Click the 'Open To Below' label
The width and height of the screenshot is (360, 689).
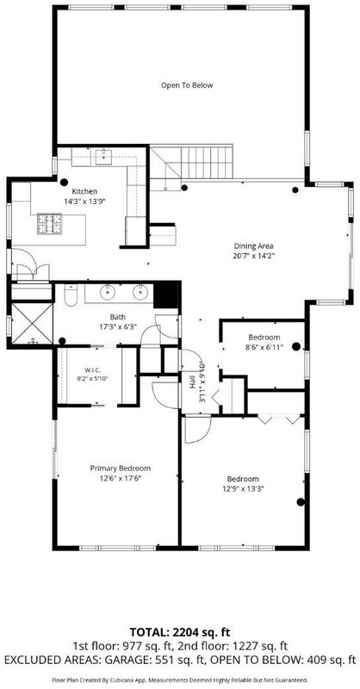point(187,85)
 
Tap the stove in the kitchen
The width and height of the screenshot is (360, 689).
point(51,224)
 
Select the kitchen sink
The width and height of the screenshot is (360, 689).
point(103,157)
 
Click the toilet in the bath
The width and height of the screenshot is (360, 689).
point(71,295)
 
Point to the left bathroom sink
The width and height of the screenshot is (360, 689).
point(108,292)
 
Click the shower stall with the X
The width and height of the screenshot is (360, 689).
point(32,323)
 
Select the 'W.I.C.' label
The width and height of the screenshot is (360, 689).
point(90,369)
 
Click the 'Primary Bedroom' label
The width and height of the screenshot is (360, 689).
point(121,469)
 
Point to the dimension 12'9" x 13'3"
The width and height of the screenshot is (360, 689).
point(243,487)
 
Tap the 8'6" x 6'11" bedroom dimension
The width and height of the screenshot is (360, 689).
point(265,347)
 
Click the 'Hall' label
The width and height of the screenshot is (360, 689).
point(193,383)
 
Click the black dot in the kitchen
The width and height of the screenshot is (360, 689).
point(65,182)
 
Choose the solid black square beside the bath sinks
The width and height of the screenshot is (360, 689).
point(165,295)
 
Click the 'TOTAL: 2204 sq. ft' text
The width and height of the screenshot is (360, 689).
point(180,632)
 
